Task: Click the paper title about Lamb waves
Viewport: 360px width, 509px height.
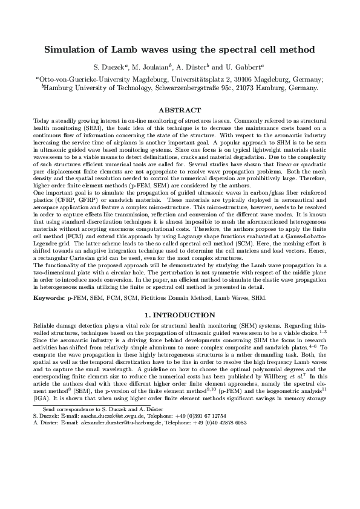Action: coord(180,48)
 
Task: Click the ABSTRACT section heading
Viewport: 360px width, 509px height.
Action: coord(180,110)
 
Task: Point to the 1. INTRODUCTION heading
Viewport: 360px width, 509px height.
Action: coord(180,316)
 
